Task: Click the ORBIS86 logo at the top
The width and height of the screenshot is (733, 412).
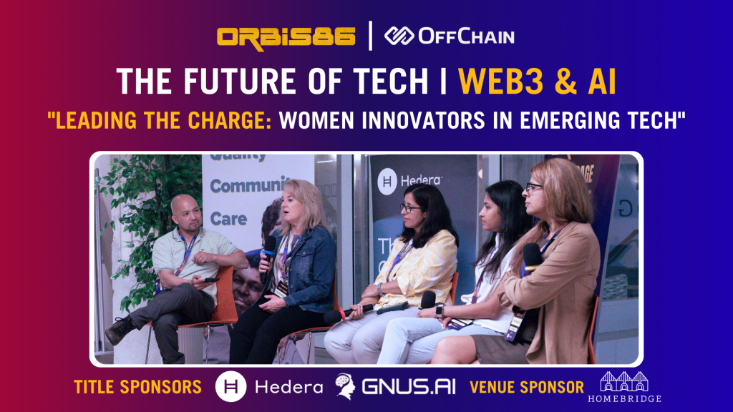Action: pyautogui.click(x=286, y=37)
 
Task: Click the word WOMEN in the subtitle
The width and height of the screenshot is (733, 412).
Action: pyautogui.click(x=316, y=120)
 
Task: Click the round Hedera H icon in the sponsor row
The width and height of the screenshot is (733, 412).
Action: pyautogui.click(x=231, y=386)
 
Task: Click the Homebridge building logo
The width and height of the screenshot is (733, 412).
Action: pyautogui.click(x=624, y=382)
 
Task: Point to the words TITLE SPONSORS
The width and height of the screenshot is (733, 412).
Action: pyautogui.click(x=138, y=387)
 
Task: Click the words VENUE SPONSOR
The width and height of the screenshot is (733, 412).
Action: pyautogui.click(x=527, y=387)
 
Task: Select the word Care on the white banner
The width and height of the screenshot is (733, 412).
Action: pyautogui.click(x=228, y=218)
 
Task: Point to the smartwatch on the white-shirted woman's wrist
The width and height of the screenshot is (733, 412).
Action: pyautogui.click(x=440, y=310)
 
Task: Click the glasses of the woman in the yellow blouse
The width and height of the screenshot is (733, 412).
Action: pyautogui.click(x=410, y=208)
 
